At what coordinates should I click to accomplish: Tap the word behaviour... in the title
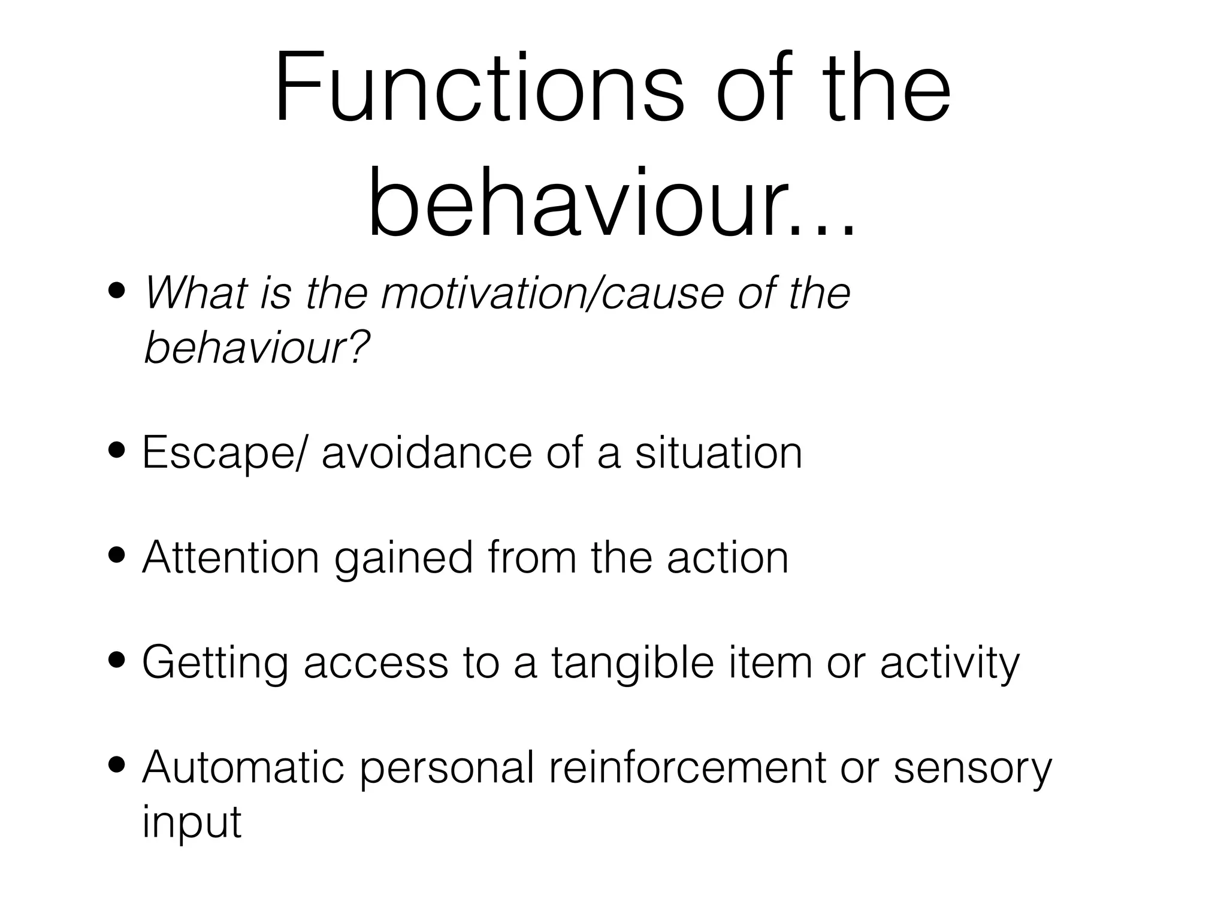[x=611, y=204]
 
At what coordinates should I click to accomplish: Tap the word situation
[x=718, y=453]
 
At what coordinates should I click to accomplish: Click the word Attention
[x=231, y=558]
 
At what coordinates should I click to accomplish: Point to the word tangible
[x=633, y=664]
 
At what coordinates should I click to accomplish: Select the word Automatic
[x=243, y=768]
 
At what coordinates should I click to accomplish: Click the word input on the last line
[x=192, y=822]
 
